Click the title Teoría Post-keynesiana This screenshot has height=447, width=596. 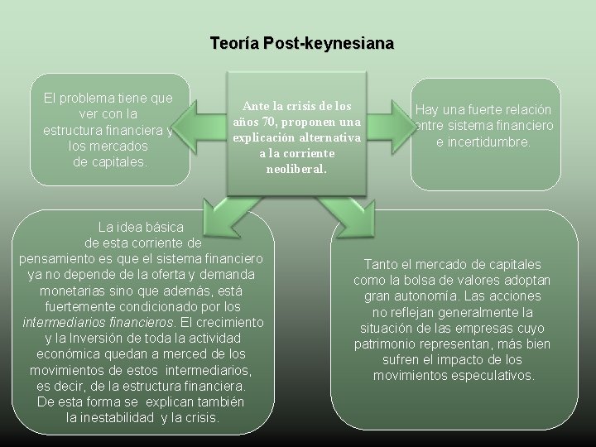(301, 42)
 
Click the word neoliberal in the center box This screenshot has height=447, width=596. (297, 169)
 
